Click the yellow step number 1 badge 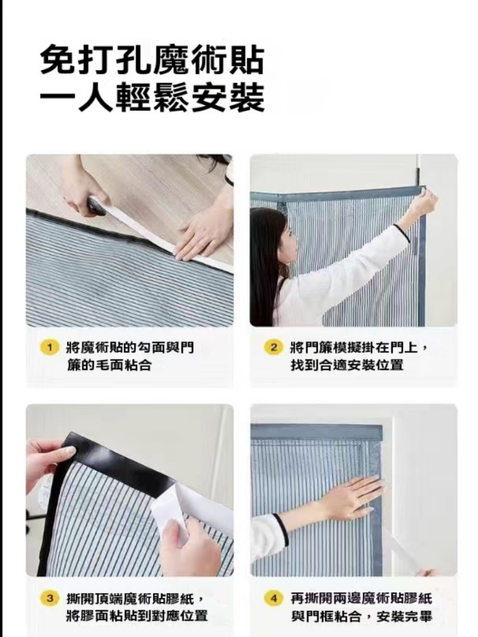pos(50,348)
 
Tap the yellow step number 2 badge pos(274,347)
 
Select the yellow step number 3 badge pos(50,598)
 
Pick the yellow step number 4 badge pos(274,598)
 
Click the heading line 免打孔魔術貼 pos(152,61)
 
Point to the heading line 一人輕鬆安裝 pos(152,98)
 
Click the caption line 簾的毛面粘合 pos(110,365)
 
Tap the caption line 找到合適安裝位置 pos(347,365)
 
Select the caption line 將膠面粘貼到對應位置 pos(138,616)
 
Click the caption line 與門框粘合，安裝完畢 pos(361,616)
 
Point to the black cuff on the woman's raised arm pos(402,233)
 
